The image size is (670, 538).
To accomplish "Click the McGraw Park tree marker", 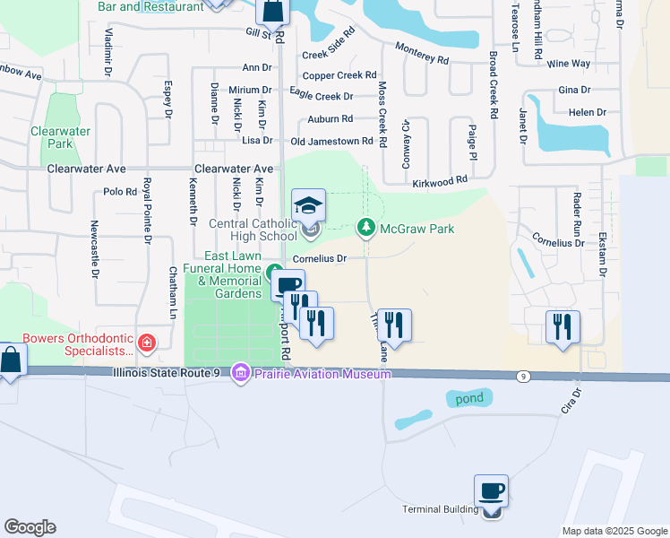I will click(x=365, y=229).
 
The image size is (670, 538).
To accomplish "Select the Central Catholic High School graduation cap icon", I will click(x=308, y=205).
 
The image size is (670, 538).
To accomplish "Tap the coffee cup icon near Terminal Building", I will click(x=491, y=490).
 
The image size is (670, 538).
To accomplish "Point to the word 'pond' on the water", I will click(x=468, y=398).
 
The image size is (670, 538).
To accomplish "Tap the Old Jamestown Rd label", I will click(x=331, y=142).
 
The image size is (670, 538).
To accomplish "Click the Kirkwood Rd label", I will click(x=440, y=182).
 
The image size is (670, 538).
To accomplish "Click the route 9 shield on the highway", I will click(x=522, y=377).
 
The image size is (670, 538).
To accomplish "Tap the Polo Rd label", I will click(x=119, y=191).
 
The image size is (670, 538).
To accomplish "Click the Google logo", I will click(x=30, y=527).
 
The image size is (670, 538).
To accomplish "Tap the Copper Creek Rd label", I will click(x=339, y=76).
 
